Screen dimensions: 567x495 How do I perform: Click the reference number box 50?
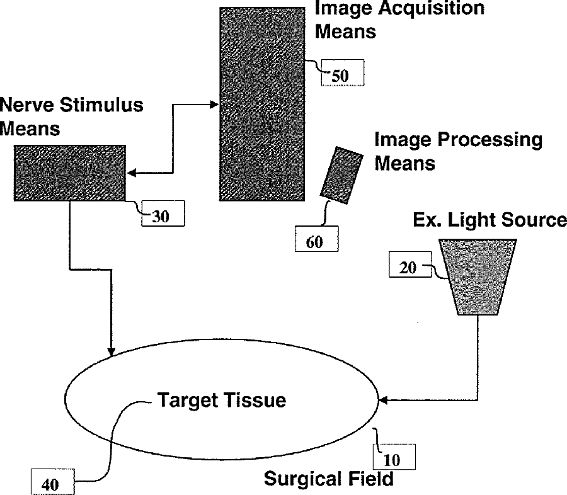click(x=343, y=72)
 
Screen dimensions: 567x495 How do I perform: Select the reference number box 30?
click(x=163, y=213)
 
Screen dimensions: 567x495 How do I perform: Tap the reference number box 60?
click(x=317, y=239)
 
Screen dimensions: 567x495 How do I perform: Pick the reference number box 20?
click(x=410, y=265)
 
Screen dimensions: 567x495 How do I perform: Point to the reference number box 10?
click(x=394, y=457)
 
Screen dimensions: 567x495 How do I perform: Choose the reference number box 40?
click(x=53, y=482)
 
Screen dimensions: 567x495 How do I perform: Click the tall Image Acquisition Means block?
click(x=262, y=104)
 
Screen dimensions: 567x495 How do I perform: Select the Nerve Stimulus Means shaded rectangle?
click(x=70, y=173)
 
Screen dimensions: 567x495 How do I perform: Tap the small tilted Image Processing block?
click(x=341, y=175)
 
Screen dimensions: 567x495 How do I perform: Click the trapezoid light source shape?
click(x=478, y=276)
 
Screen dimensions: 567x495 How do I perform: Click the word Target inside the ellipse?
click(x=187, y=401)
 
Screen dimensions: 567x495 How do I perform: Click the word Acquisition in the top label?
click(x=432, y=8)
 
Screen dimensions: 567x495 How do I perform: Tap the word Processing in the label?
click(x=490, y=140)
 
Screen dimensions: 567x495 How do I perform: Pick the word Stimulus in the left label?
click(x=101, y=105)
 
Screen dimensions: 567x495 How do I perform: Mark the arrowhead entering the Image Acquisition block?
click(x=215, y=105)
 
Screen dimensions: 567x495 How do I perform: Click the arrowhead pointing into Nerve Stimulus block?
click(x=131, y=173)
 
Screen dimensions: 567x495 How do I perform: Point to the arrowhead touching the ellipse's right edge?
click(x=382, y=401)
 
